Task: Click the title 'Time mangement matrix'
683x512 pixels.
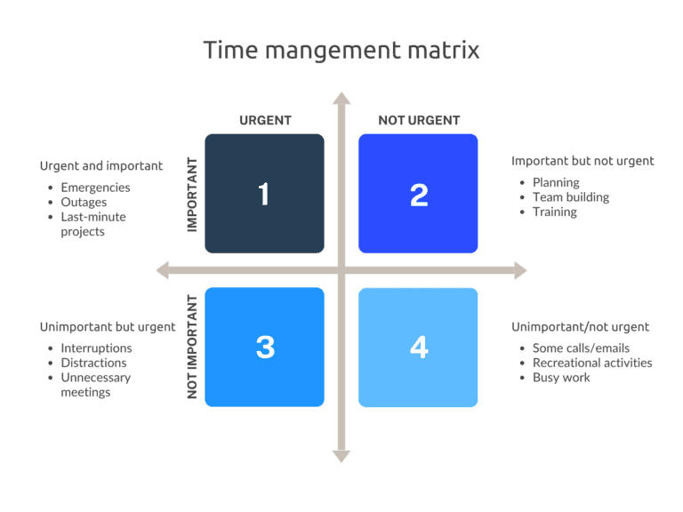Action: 341,50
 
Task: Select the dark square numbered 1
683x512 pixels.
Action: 264,194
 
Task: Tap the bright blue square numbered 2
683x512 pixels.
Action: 418,194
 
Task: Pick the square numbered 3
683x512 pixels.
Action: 264,347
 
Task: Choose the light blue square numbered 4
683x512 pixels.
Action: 418,347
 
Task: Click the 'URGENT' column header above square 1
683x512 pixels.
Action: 265,120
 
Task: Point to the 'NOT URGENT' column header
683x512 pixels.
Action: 419,120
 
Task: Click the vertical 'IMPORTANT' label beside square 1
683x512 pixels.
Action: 192,195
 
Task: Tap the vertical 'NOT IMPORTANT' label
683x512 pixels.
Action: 192,348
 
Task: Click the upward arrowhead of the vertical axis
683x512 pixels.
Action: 341,97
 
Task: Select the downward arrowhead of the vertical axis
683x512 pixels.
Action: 341,456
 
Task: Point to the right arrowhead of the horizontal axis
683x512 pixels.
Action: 520,270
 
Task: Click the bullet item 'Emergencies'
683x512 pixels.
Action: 95,188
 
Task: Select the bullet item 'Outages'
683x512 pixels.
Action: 84,203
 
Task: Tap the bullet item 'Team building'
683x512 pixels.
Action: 571,197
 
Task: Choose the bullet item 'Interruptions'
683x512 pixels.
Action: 96,348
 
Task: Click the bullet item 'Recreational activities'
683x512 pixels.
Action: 592,363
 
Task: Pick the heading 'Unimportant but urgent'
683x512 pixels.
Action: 108,326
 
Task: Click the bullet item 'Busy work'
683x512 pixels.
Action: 561,378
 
